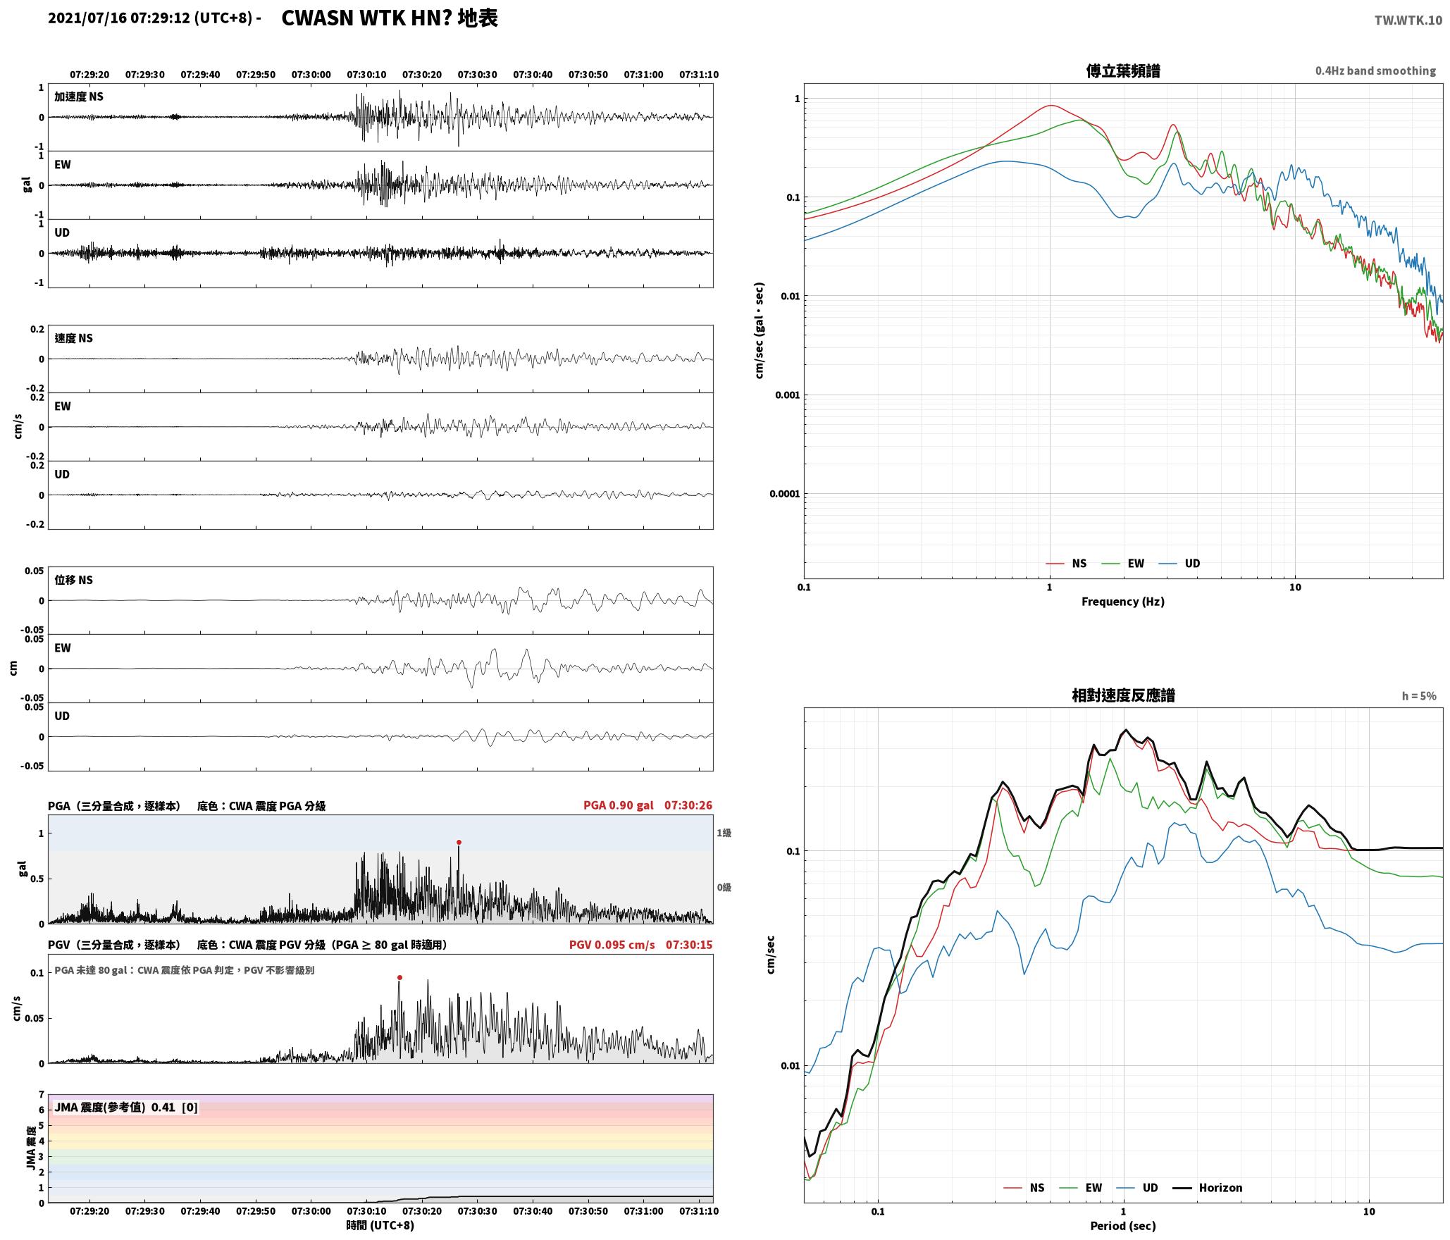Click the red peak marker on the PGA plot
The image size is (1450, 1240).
459,842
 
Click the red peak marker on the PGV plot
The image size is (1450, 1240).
399,977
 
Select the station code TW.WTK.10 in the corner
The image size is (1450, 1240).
1408,20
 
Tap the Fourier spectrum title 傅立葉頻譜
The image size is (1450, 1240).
1123,71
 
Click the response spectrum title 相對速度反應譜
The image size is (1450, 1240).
1123,695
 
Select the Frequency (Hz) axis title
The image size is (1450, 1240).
1123,602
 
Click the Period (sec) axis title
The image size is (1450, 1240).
1123,1226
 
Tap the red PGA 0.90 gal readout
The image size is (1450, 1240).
619,805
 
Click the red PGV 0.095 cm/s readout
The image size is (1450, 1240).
612,945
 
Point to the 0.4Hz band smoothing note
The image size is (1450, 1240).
1375,70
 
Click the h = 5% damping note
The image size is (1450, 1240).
1419,696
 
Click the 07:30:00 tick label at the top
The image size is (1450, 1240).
311,75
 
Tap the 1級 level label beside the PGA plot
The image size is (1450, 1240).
724,833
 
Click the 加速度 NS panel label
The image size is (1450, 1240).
79,97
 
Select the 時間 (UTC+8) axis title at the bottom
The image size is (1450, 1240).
380,1225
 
